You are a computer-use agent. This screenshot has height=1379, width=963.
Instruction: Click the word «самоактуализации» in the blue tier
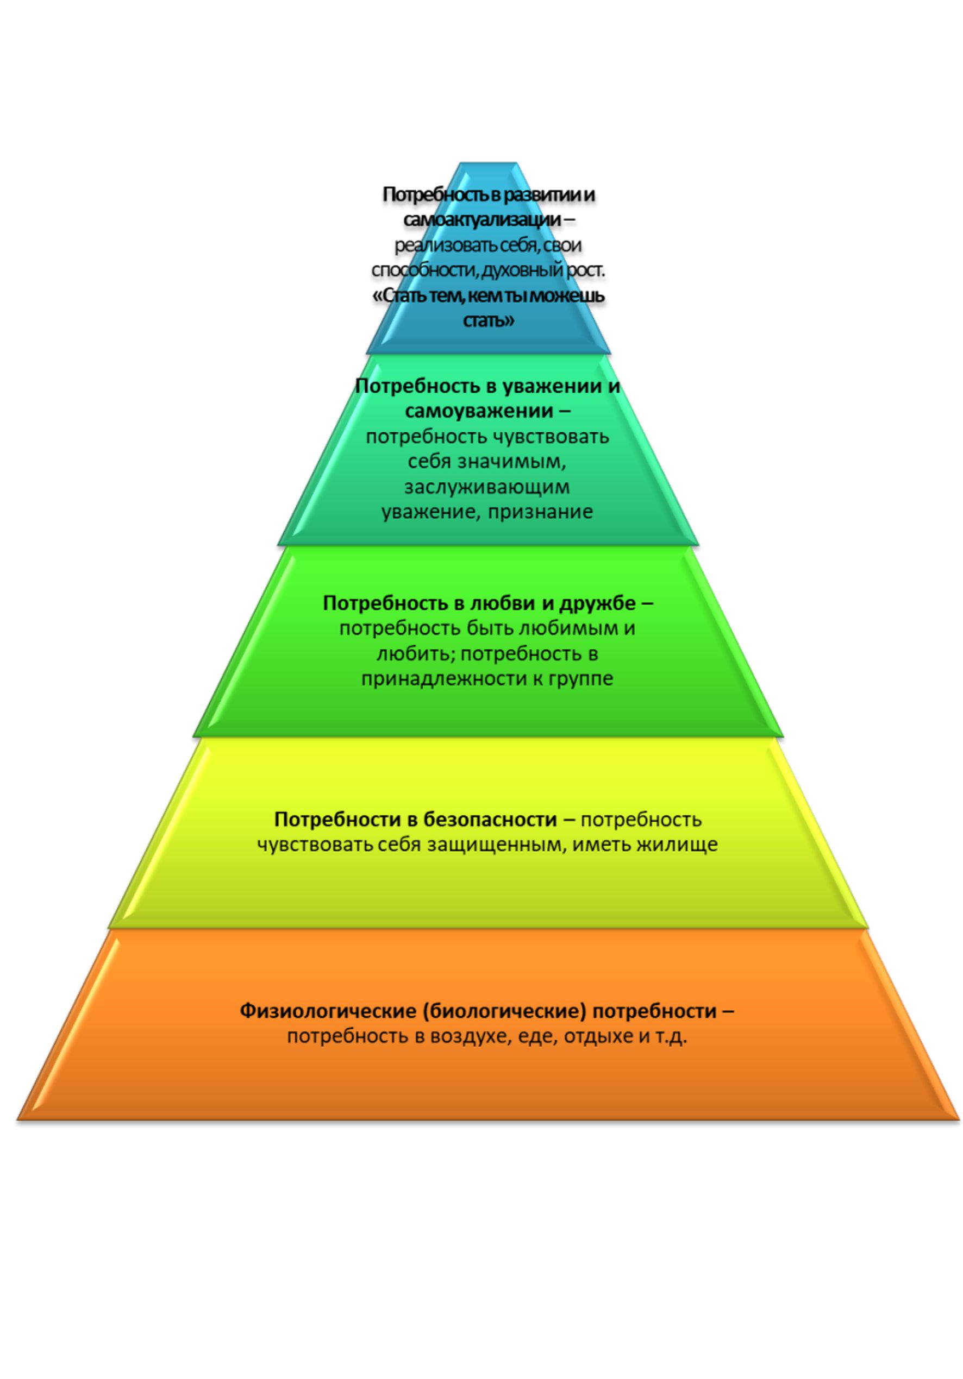tap(481, 221)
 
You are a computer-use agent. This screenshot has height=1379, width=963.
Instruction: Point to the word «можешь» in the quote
tap(572, 296)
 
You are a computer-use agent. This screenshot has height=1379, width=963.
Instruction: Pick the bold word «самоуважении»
tap(478, 411)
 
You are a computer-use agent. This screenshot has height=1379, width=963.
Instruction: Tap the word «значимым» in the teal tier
tap(512, 462)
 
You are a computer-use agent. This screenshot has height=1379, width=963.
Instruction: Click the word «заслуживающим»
tap(486, 487)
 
